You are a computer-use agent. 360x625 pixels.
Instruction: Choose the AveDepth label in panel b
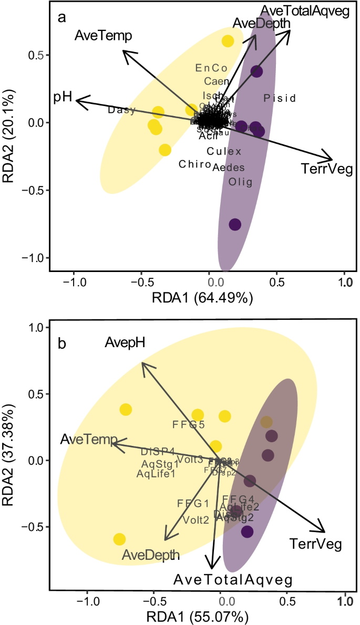click(x=151, y=555)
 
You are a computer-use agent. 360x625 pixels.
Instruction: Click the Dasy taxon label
click(x=122, y=110)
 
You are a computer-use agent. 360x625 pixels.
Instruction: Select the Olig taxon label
click(x=241, y=182)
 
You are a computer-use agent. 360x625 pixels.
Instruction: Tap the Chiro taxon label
click(x=195, y=164)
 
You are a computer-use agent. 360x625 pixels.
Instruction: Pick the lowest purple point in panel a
click(x=235, y=224)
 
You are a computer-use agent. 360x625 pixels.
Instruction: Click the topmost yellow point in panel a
click(x=228, y=41)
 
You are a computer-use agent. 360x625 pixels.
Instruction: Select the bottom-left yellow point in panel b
click(x=119, y=539)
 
